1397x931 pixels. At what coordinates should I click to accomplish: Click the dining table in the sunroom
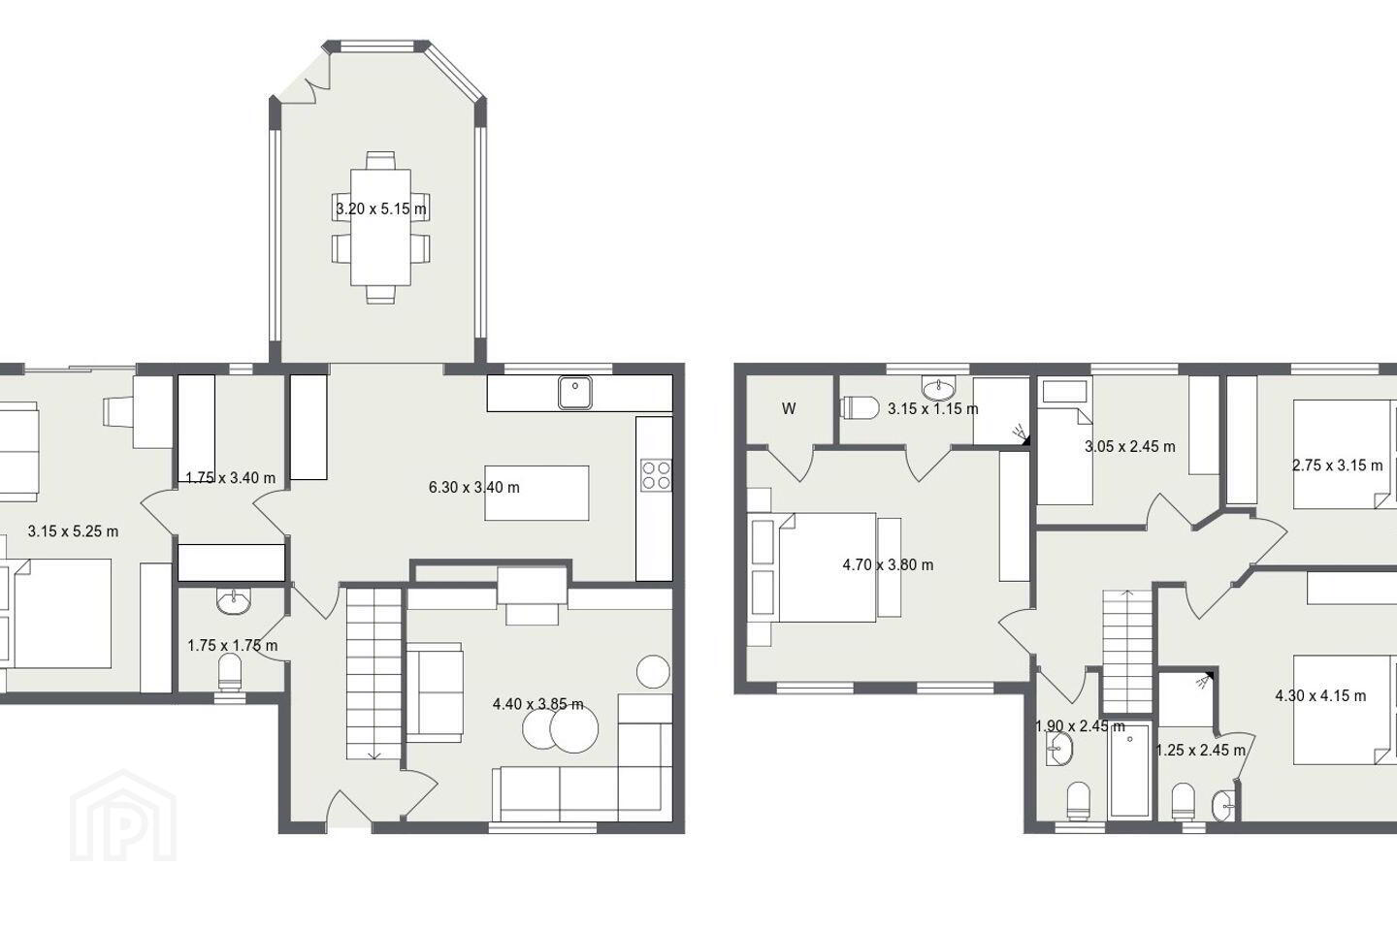[x=380, y=227]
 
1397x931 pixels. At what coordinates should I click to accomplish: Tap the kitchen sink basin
[x=575, y=393]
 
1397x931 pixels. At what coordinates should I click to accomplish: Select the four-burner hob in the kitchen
[x=656, y=474]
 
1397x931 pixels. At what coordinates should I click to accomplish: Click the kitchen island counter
[x=537, y=493]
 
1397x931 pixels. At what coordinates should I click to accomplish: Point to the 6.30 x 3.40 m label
[x=474, y=487]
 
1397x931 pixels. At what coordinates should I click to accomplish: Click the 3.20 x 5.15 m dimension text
[x=381, y=209]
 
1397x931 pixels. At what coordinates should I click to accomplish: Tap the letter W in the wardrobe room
[x=789, y=409]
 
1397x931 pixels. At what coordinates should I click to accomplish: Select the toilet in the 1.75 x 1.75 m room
[x=230, y=672]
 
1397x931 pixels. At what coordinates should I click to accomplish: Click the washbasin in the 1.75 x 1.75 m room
[x=234, y=600]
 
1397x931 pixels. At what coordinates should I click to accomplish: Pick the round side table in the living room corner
[x=653, y=671]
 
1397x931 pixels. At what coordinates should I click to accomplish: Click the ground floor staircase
[x=374, y=673]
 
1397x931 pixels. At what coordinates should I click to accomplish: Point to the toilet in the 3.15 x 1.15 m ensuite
[x=860, y=408]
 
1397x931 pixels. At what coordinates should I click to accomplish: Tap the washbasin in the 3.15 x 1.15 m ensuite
[x=939, y=389]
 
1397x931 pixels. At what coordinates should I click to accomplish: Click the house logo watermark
[x=123, y=816]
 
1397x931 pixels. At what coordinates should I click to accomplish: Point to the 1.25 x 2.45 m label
[x=1201, y=751]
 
